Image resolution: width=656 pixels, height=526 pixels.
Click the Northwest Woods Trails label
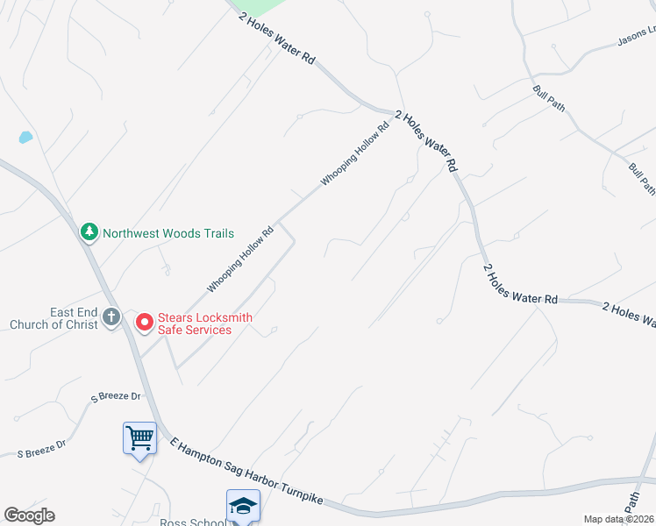(x=168, y=233)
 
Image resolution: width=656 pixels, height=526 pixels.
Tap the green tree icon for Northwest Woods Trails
(x=89, y=232)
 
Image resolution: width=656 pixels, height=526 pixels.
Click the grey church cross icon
(x=111, y=318)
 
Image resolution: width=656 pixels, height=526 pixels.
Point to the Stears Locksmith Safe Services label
(x=194, y=323)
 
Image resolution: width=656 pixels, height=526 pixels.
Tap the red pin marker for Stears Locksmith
(x=144, y=323)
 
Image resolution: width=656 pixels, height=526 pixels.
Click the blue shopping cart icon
(x=140, y=437)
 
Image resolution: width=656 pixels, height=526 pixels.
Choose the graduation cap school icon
(x=243, y=505)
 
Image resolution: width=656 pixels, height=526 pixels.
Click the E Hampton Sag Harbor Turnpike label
(x=246, y=471)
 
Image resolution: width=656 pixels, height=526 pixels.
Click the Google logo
(x=29, y=515)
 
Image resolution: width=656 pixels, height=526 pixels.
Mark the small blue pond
(x=25, y=138)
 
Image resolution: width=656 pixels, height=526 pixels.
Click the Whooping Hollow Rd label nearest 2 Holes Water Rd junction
(x=354, y=154)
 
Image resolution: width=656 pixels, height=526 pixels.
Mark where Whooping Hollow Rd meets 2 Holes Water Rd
(x=393, y=111)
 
